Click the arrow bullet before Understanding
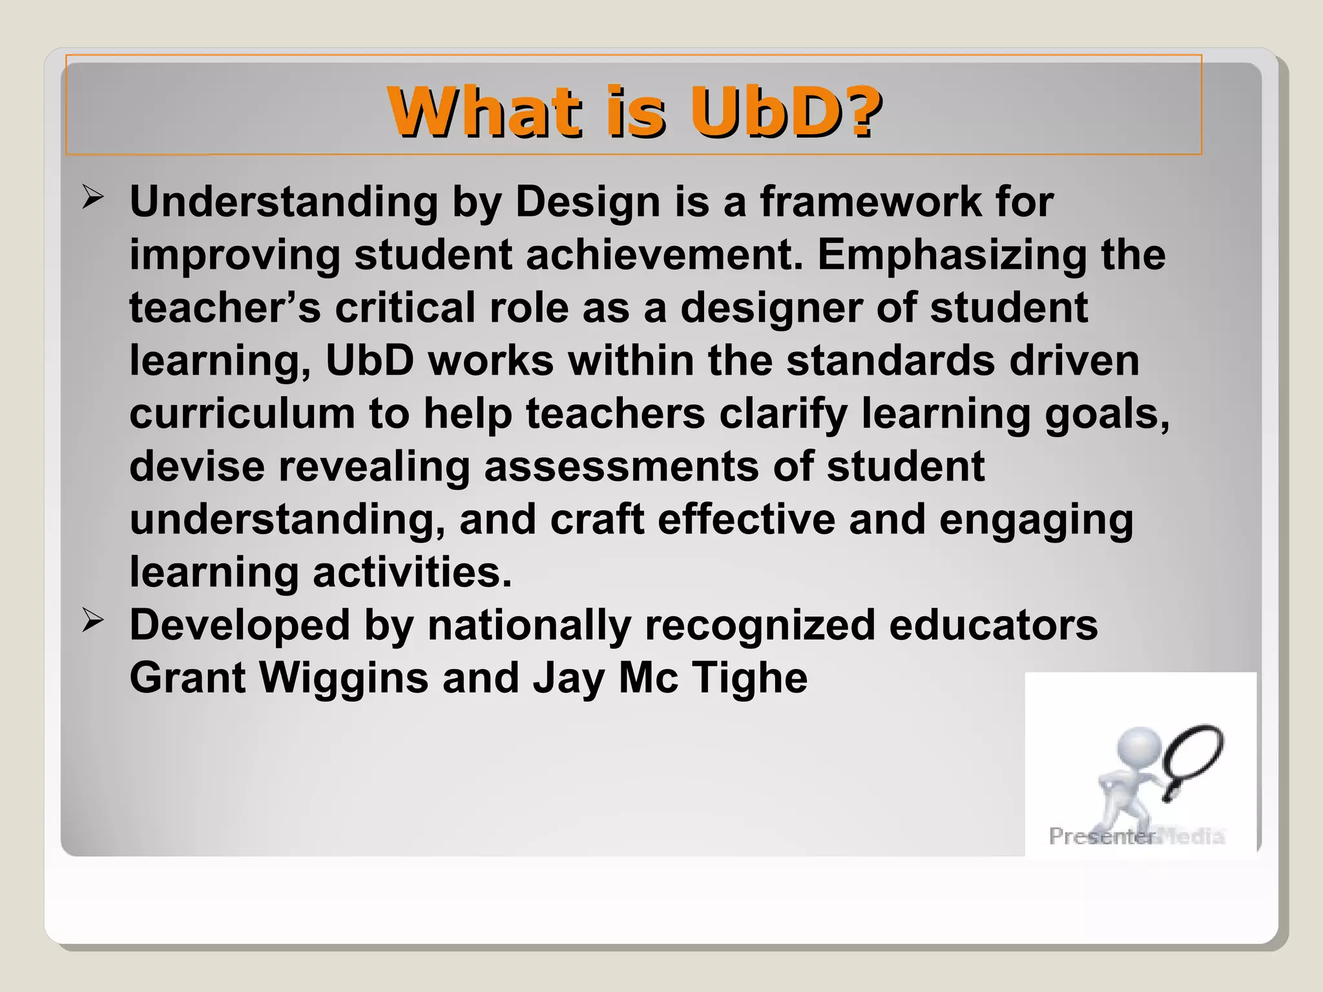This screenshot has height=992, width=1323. pos(93,198)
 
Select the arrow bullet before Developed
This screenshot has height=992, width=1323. pos(93,621)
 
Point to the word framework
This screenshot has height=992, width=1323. pos(870,201)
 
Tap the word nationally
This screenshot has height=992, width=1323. pos(529,625)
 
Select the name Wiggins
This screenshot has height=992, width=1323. pos(344,678)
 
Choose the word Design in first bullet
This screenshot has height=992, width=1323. pos(588,201)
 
